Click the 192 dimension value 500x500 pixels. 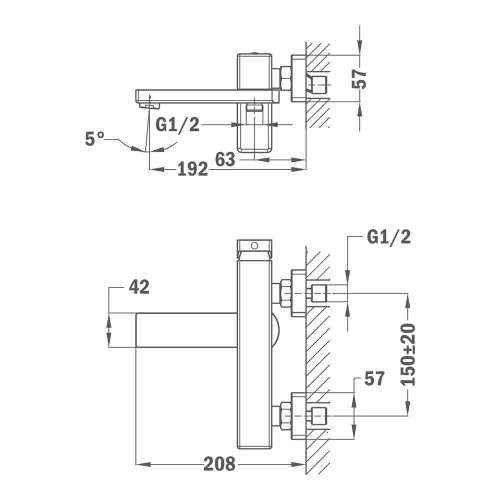coord(193,169)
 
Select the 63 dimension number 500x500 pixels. coord(225,159)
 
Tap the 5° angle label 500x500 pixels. coord(94,139)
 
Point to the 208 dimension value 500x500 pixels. coord(219,464)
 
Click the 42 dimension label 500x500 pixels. coord(139,287)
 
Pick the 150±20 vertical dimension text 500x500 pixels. coord(409,354)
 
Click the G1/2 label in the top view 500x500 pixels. coord(177,125)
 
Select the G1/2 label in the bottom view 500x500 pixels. coord(389,237)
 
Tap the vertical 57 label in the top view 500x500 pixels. coord(359,79)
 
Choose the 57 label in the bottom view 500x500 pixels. coord(374,378)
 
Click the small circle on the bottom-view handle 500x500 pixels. coord(255,246)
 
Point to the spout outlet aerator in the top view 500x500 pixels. coord(149,105)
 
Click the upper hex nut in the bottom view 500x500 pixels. coord(286,293)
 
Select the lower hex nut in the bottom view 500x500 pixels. coord(286,416)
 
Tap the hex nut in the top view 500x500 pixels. coord(286,78)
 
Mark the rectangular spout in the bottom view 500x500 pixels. coord(187,330)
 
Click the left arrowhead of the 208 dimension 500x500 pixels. coord(142,464)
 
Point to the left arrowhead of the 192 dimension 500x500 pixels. coord(156,169)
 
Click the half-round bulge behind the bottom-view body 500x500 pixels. coord(277,330)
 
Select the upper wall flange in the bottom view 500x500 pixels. coord(298,293)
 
